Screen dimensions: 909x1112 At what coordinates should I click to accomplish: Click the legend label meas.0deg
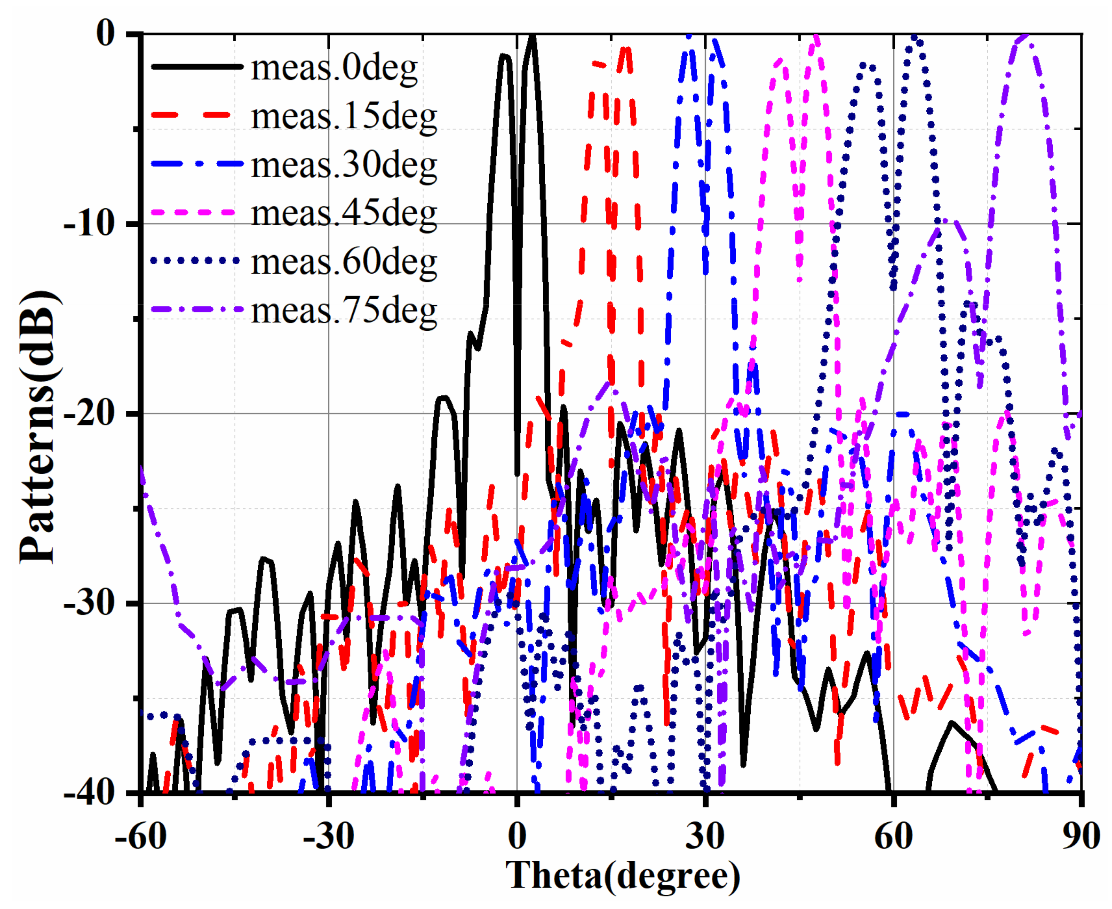pos(334,68)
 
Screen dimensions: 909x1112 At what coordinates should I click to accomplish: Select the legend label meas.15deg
pos(344,117)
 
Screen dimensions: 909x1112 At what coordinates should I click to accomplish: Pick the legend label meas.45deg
pos(344,214)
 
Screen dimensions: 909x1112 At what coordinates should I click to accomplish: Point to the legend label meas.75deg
pos(344,311)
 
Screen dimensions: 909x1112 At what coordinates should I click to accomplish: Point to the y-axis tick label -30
pos(89,604)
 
